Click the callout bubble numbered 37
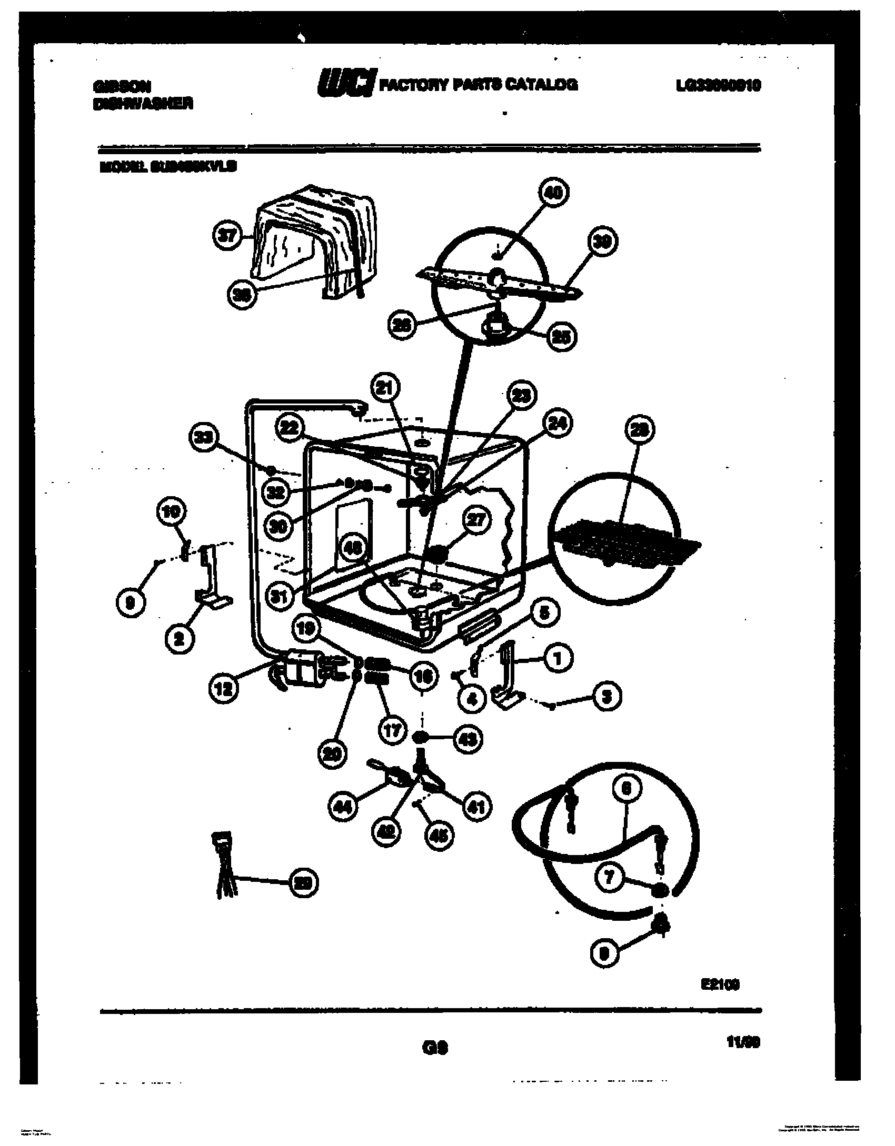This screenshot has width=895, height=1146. tap(227, 237)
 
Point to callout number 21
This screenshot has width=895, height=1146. tap(385, 389)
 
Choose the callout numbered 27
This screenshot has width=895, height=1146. tap(476, 520)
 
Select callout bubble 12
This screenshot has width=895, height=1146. tap(224, 689)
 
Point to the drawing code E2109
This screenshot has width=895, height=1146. tap(720, 984)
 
